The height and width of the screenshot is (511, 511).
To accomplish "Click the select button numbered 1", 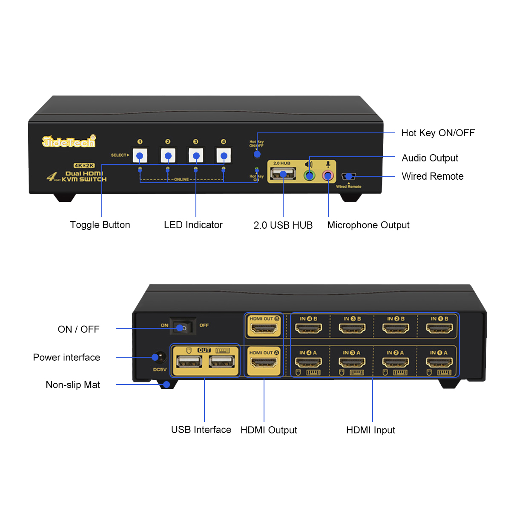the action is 140,155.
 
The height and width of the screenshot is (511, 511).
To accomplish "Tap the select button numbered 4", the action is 224,155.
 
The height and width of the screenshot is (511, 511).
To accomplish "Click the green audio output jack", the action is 310,175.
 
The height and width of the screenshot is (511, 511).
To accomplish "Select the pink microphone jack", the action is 328,175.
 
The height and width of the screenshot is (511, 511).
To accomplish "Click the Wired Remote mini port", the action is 348,176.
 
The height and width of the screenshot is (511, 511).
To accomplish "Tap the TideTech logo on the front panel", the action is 69,142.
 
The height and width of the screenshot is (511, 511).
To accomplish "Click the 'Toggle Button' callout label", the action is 100,225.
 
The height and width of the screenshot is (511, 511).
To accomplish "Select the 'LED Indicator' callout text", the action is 193,225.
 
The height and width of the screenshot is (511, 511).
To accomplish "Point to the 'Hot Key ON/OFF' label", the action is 438,133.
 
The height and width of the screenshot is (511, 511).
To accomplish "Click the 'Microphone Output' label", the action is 368,225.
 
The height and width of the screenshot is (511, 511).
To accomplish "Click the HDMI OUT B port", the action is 264,328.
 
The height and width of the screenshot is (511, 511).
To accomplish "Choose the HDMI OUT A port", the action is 264,363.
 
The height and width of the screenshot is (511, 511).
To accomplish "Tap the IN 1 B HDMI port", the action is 439,328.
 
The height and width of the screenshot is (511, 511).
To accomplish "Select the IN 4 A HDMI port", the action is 308,362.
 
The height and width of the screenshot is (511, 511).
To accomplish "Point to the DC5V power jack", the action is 160,357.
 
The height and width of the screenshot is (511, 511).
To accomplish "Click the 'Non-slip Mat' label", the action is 73,385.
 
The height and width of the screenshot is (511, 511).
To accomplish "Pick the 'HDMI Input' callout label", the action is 370,430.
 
